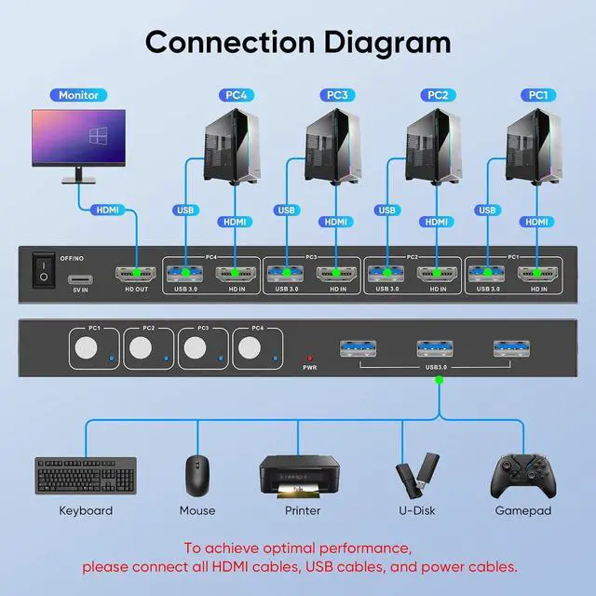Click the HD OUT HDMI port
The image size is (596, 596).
[136, 274]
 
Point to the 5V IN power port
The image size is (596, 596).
[80, 279]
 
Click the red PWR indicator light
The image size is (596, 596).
[309, 357]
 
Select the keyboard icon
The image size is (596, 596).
[85, 476]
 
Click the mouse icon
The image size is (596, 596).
[196, 476]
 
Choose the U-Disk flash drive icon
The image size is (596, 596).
[415, 474]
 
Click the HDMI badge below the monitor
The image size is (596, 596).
[108, 210]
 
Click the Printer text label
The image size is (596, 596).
[301, 510]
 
